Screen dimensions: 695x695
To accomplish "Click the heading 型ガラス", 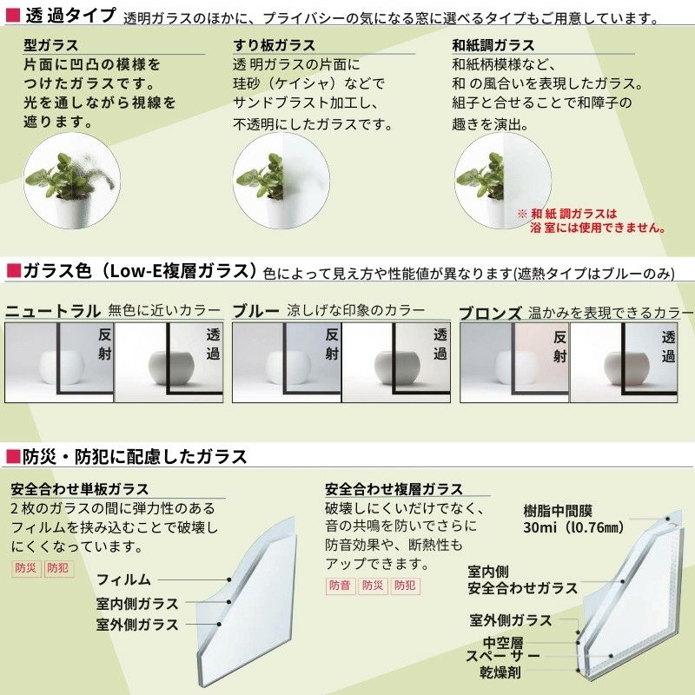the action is coord(51,45).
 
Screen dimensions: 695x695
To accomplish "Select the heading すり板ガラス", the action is coord(275,45).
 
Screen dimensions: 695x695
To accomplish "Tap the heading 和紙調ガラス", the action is coord(493,45).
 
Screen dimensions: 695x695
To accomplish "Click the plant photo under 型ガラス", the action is coord(72,181).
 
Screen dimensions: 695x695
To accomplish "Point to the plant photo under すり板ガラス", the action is coord(281,181).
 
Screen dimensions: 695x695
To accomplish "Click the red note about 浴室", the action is coord(592,221).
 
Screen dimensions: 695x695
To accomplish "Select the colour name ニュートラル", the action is coord(53,311).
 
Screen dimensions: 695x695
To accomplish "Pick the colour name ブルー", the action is coord(255,311).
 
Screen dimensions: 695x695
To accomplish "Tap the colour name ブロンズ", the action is coord(490,313).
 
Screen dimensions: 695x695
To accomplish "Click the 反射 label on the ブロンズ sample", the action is coord(559,347).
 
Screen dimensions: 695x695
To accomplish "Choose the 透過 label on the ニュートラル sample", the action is coord(213,344).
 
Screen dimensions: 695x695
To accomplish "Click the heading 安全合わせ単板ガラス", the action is coord(80,489).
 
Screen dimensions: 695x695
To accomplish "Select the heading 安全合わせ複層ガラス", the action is coord(394,489).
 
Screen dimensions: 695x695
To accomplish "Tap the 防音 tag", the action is coord(341,586).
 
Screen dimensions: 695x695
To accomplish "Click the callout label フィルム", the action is coord(123,579).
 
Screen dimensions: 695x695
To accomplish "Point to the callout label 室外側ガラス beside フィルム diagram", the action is coord(137,624).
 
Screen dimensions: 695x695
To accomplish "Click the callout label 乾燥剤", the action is coord(500,672).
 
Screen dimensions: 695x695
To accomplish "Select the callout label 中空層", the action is coord(503,642).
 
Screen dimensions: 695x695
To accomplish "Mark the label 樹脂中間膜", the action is coord(558,511).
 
